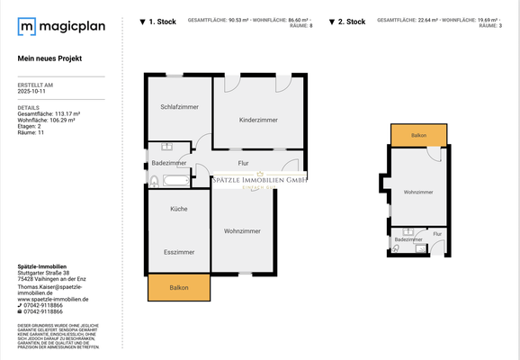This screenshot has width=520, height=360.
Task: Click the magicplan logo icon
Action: tap(28, 27)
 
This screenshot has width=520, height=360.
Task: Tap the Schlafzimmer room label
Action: tap(179, 107)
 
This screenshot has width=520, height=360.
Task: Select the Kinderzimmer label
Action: tap(258, 120)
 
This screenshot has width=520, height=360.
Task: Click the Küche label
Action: tap(179, 209)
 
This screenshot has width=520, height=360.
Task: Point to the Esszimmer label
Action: tap(179, 252)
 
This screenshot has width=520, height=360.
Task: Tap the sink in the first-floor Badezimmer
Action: tap(166, 146)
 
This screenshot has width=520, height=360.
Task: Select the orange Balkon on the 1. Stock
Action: tap(179, 287)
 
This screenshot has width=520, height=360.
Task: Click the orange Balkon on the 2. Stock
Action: tap(418, 135)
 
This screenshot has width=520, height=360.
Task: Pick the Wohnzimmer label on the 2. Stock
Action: tap(418, 192)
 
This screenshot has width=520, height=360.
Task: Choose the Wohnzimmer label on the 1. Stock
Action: tap(243, 231)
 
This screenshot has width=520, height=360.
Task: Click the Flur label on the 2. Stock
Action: tap(437, 234)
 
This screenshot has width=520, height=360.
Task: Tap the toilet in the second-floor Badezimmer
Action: tap(396, 248)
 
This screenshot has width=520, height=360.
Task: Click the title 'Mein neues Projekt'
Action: tap(49, 58)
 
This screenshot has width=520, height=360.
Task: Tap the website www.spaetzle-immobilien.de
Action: tap(53, 299)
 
